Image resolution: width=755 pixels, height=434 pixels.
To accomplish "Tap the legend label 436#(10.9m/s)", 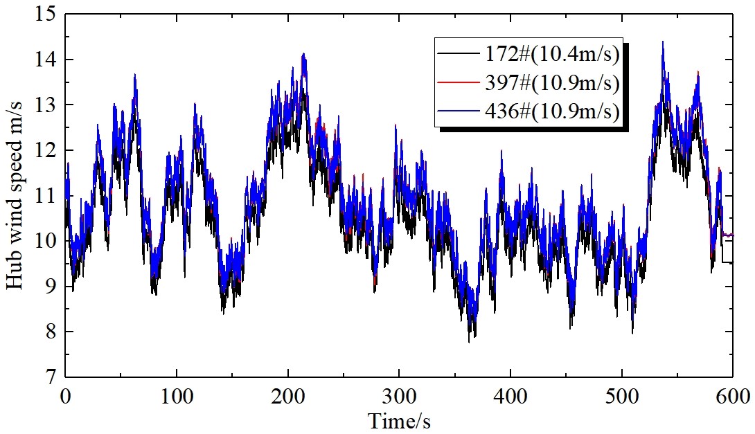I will [x=547, y=111].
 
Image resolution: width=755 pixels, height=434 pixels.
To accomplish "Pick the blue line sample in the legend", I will [x=454, y=111].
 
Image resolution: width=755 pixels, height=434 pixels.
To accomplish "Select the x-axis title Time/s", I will [x=399, y=419].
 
